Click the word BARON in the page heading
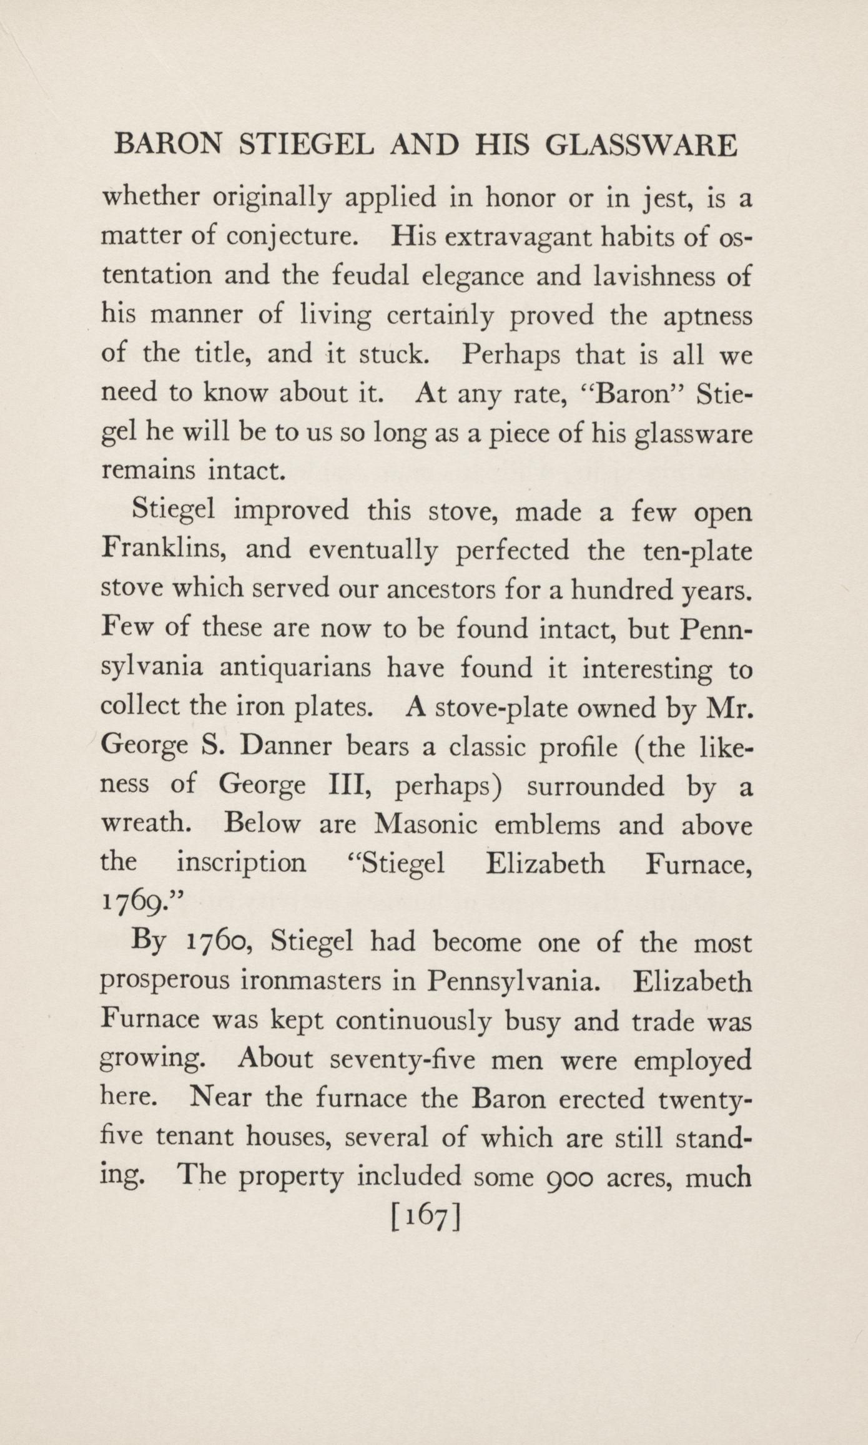[169, 145]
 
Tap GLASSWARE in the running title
[641, 145]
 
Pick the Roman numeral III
[350, 785]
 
